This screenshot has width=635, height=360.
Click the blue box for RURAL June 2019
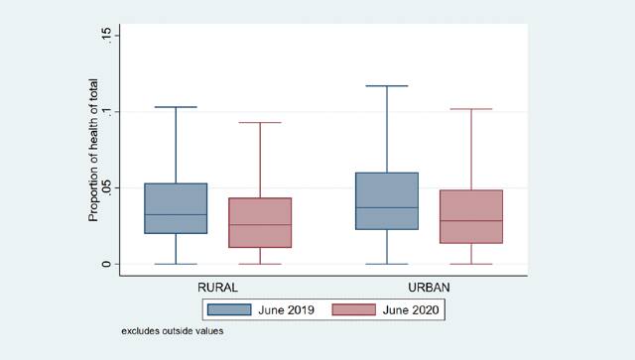(x=176, y=208)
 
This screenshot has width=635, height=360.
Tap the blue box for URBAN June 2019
(x=386, y=201)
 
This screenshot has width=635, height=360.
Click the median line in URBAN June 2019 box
(x=386, y=207)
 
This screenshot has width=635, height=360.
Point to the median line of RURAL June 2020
(x=259, y=225)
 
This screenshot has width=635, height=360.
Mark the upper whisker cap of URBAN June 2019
(x=386, y=86)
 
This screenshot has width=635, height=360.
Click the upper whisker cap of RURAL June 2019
(x=176, y=107)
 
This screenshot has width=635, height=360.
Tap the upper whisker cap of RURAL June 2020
(x=259, y=123)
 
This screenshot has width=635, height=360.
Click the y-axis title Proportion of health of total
(x=92, y=151)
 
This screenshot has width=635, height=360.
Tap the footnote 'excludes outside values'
(x=173, y=331)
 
